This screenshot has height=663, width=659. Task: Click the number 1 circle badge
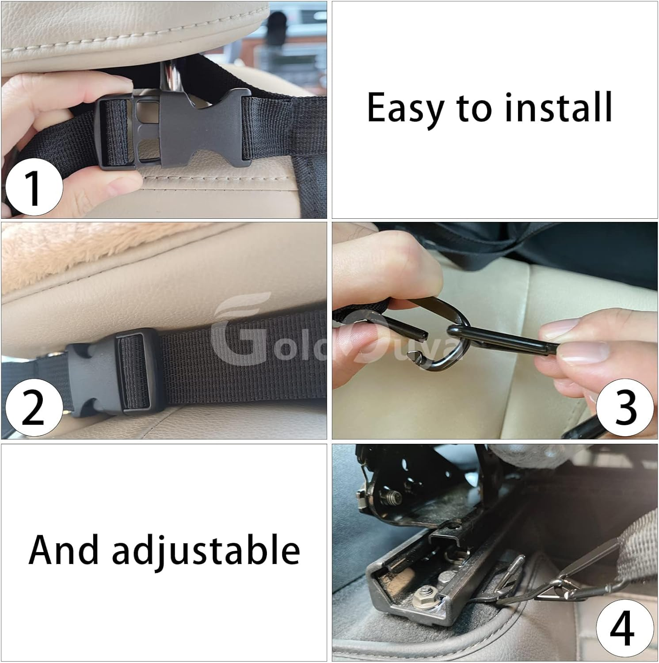[x=33, y=187]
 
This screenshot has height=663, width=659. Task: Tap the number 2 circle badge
[x=33, y=409]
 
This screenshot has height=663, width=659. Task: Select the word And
[x=64, y=550]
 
